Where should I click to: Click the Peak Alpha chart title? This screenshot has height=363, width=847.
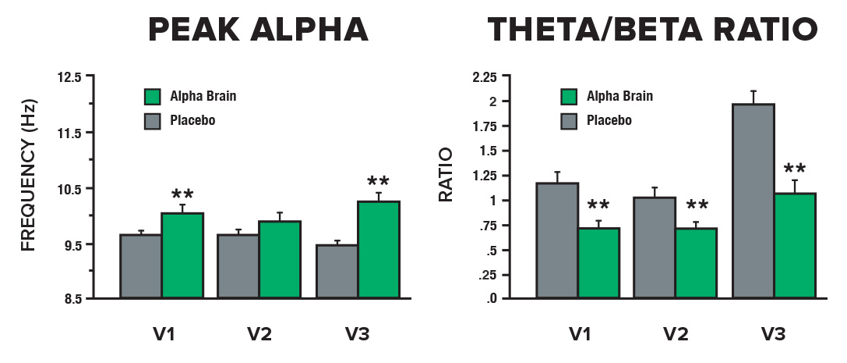click(258, 30)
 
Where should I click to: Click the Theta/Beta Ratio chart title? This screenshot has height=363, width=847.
click(652, 30)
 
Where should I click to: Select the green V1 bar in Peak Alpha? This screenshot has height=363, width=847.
click(182, 255)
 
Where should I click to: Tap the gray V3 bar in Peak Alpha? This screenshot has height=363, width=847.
click(337, 271)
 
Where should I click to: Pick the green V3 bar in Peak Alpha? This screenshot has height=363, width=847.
click(379, 249)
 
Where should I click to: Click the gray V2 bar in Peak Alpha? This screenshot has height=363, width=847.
click(238, 265)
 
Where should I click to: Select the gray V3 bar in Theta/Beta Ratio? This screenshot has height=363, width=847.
click(753, 201)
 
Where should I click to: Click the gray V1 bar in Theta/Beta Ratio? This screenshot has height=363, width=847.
click(556, 240)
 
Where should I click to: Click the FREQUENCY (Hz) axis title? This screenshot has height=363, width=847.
click(29, 187)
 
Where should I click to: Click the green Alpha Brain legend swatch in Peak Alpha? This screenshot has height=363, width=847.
click(152, 97)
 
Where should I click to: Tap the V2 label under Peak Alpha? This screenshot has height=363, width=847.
click(259, 335)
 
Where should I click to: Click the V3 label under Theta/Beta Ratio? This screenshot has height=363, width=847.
click(773, 335)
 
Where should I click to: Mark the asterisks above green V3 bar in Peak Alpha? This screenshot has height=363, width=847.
click(379, 182)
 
